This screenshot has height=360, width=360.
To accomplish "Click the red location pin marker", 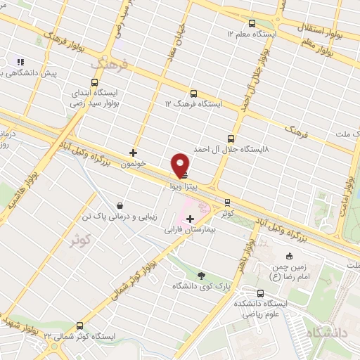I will (x=181, y=165).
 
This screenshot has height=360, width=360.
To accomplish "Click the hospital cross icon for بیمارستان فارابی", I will (x=190, y=219).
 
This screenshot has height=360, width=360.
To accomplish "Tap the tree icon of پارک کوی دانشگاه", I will (x=202, y=276).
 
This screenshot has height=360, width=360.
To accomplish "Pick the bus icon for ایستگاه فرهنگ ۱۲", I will (x=193, y=93).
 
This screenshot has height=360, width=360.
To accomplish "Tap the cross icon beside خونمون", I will (x=133, y=152).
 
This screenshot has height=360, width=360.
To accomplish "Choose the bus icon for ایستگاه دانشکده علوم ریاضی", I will (x=261, y=292).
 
